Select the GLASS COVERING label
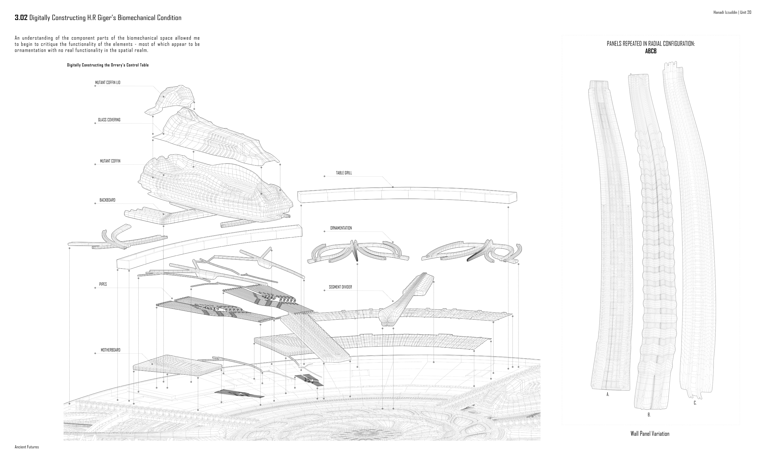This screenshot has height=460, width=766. coord(109,120)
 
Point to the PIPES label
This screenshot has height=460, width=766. coord(103,284)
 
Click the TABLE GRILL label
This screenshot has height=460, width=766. coord(344,173)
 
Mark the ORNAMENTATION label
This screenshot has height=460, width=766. coord(341,228)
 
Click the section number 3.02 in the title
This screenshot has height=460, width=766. coord(21,18)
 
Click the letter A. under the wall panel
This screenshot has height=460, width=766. coord(608,395)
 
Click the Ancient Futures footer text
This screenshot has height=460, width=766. coord(27,447)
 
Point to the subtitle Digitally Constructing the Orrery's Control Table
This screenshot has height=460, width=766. coord(108,65)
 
